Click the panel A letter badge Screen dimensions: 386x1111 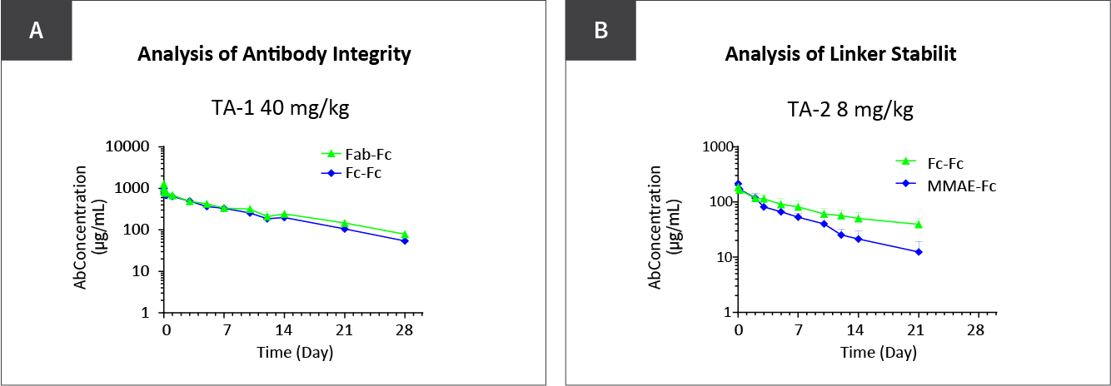(x=36, y=31)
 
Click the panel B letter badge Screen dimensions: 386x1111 (x=600, y=31)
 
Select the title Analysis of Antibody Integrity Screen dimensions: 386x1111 (x=274, y=56)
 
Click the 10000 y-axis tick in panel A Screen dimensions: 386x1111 (x=130, y=146)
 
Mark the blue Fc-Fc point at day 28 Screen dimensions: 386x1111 (x=405, y=240)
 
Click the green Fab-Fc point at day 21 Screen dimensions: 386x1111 (x=344, y=223)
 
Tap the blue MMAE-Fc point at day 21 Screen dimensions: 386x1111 (x=919, y=251)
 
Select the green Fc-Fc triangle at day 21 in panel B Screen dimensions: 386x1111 (x=919, y=224)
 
